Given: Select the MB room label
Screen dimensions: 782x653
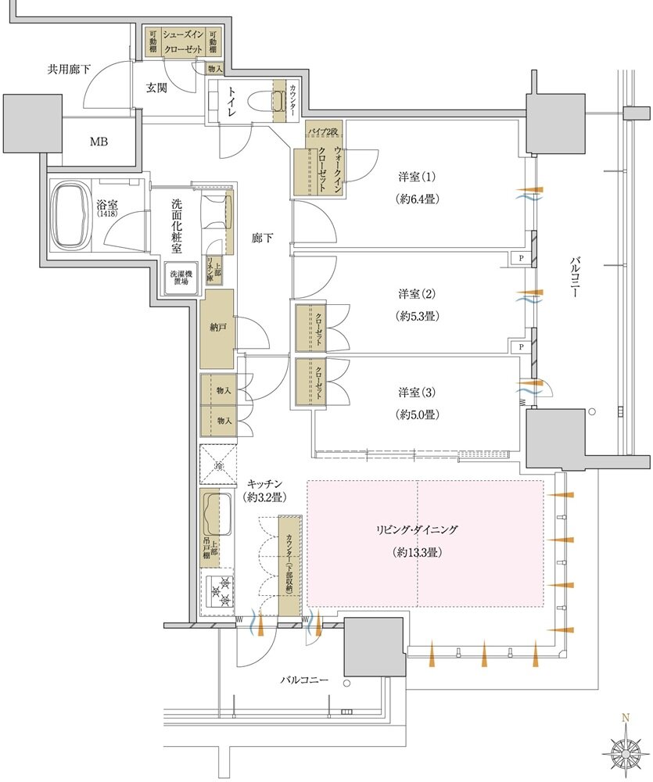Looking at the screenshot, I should pyautogui.click(x=99, y=142).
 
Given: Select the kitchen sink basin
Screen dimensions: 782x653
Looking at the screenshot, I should pyautogui.click(x=217, y=514).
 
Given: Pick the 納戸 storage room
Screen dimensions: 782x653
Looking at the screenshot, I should pyautogui.click(x=217, y=329).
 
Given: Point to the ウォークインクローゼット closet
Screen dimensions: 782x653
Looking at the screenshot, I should pyautogui.click(x=322, y=166).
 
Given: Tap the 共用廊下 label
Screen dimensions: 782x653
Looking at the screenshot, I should pyautogui.click(x=69, y=70).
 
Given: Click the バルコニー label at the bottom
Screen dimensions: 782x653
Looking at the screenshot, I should pyautogui.click(x=304, y=680).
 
